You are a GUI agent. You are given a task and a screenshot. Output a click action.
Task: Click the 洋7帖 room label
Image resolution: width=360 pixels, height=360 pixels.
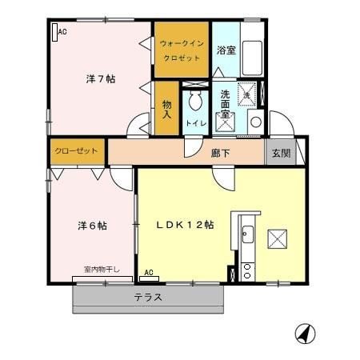(100, 79)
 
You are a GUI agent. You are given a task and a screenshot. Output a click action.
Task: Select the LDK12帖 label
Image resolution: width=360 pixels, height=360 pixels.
(184, 225)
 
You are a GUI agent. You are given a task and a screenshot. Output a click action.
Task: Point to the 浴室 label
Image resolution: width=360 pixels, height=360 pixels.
(226, 50)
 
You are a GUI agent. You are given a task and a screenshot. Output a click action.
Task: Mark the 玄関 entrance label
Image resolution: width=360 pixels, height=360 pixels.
(279, 153)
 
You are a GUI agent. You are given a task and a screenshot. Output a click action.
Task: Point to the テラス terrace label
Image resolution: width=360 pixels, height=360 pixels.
(148, 297)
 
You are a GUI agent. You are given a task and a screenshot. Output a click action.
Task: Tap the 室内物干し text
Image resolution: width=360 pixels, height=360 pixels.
(102, 270)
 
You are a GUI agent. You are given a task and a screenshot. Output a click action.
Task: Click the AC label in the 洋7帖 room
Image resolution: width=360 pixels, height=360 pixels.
(62, 31)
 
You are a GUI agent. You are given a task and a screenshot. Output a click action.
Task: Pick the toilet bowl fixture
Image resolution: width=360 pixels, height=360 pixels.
(195, 103)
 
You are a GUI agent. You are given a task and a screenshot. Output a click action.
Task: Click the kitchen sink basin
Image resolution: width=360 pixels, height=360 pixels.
(247, 235)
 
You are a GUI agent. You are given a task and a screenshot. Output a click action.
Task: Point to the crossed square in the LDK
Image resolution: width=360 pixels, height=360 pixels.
(278, 238)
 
